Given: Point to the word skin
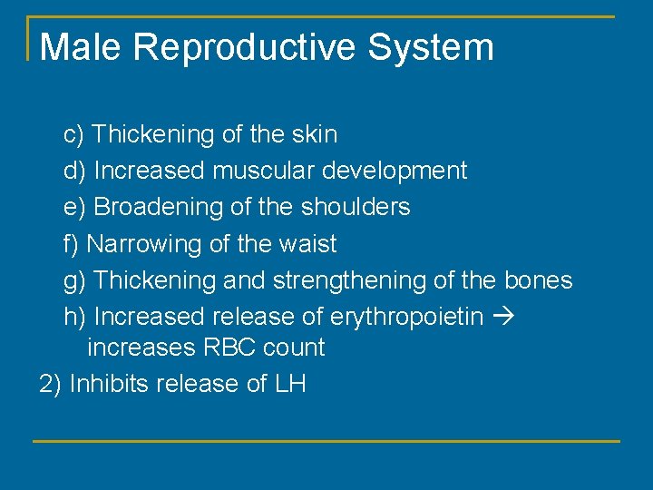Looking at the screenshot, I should (314, 134).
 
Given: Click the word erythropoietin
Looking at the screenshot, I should (405, 318).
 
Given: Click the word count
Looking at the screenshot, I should (296, 348).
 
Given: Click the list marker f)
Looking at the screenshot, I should (72, 244).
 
